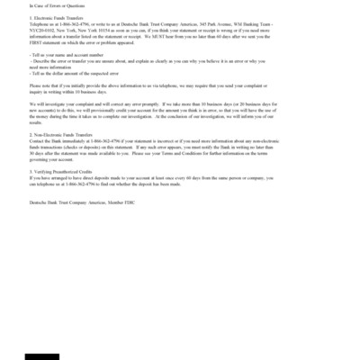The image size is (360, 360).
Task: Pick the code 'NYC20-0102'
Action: click(41, 28)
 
